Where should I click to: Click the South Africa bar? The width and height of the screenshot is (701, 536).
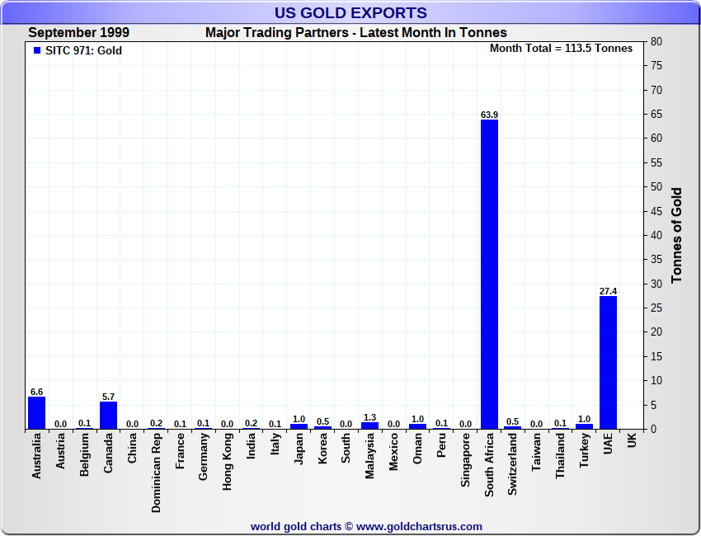489,275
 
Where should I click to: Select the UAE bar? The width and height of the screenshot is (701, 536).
608,363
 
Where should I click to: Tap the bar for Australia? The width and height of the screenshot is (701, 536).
36,413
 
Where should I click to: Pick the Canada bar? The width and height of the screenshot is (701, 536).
108,416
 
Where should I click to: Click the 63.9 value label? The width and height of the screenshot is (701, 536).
489,115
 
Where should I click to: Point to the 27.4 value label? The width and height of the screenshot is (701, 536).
608,291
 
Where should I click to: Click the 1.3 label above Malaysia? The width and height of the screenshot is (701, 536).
369,417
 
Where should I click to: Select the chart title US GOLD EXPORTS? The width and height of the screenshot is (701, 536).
350,13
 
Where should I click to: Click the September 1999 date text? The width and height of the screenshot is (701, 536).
78,33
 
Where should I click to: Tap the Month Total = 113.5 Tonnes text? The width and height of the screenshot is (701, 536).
561,49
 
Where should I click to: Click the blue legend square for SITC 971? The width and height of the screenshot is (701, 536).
36,50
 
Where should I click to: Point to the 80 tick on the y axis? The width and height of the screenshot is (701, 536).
656,41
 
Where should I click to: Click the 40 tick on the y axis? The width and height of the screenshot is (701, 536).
656,235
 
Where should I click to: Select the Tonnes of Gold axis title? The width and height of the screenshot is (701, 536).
676,235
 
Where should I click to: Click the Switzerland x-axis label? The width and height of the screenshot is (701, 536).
513,465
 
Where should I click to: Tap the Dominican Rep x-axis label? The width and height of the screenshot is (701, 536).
156,473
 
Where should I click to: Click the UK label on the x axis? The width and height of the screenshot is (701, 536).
632,442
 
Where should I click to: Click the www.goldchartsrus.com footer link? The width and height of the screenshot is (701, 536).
419,526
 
